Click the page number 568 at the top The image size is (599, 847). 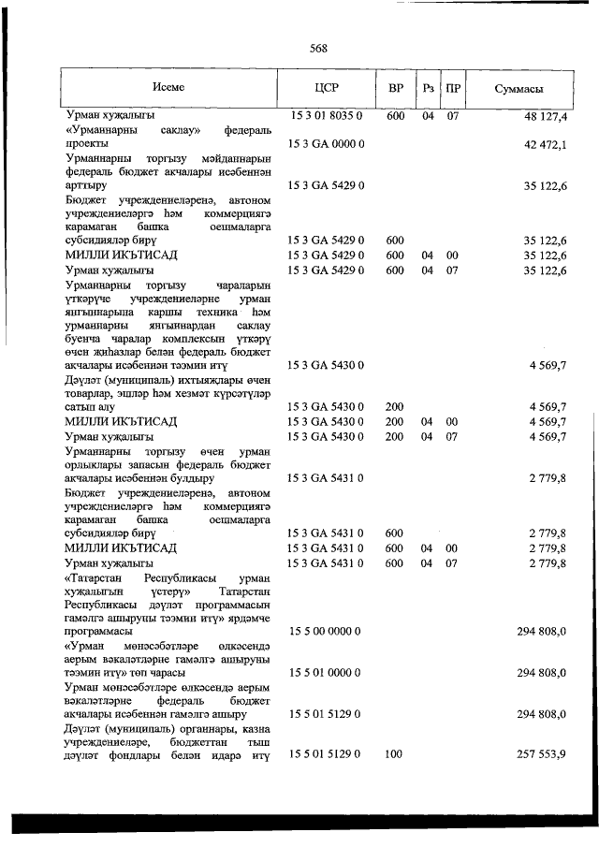pos(318,50)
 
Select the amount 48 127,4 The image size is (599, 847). pos(547,116)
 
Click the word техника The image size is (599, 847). pos(221,310)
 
